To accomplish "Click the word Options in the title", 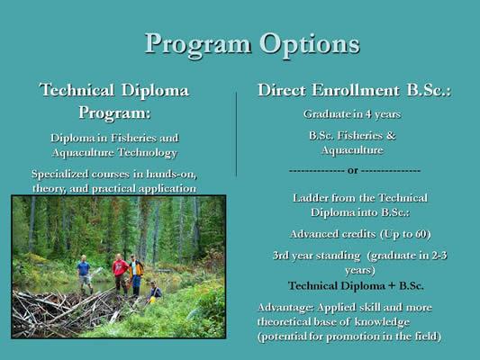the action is click(310, 45).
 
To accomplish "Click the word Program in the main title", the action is click(198, 45).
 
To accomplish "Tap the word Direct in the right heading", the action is click(282, 90).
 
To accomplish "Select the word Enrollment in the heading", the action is click(356, 90).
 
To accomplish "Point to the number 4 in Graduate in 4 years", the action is click(368, 114).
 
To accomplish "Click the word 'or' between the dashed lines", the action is click(353, 171).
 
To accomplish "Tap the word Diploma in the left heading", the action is click(155, 90).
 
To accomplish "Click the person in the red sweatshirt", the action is click(120, 274).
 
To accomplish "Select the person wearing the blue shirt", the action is click(84, 273).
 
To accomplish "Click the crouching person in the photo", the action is click(155, 292).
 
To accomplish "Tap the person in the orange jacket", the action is click(136, 275).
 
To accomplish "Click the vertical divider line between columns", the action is click(236, 134).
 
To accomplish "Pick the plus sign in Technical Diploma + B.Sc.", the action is click(392, 286).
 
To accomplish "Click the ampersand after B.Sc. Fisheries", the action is click(391, 136).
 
